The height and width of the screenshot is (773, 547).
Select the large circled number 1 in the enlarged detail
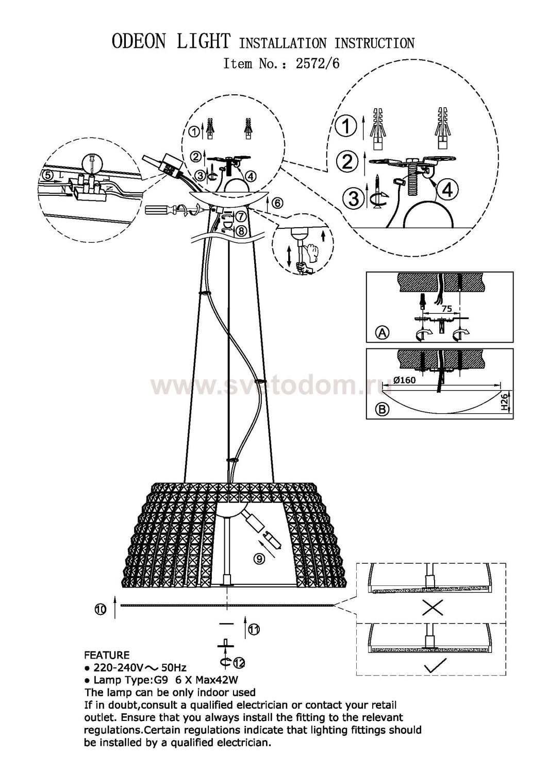point(346,126)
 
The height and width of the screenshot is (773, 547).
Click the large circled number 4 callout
point(447,190)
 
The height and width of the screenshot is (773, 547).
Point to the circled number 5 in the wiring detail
point(48,176)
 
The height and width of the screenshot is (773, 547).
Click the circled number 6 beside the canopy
point(277,203)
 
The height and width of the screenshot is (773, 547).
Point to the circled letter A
point(382,333)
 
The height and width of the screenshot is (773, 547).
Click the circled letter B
point(382,409)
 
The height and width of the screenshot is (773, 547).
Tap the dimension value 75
point(447,309)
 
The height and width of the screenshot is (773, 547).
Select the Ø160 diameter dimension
point(404,380)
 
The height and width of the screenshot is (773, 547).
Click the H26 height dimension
point(505,401)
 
